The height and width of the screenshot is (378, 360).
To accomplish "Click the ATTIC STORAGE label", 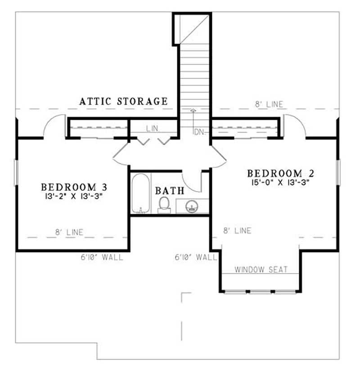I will pos(123,101).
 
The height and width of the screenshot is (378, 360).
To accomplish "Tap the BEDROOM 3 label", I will pos(74,186).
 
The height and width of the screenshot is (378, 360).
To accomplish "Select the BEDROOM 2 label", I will pos(280,173).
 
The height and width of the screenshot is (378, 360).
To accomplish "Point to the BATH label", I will pos(170,191).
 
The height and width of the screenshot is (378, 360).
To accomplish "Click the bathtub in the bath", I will pos(140,193).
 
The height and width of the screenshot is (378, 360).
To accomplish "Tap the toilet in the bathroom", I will pos(164,204).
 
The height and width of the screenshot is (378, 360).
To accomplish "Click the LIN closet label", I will pos(152,129).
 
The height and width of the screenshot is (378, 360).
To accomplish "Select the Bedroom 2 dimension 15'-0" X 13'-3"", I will pos(280,183).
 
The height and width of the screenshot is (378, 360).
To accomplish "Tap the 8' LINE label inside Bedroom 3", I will pos(69,232).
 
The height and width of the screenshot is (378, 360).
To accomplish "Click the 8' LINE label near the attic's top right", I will pos(269,104).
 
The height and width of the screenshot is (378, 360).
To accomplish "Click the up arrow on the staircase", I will pos(193,112).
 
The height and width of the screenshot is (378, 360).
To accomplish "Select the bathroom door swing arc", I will pos(193,182).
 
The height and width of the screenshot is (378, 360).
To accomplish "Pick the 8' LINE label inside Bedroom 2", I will pos(237,231).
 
